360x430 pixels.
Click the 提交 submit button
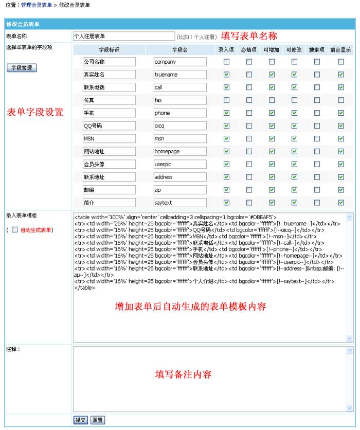(81, 420)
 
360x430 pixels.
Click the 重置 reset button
(98, 420)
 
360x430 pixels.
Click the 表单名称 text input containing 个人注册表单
(124, 37)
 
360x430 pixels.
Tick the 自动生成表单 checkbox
(15, 230)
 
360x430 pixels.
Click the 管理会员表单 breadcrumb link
(37, 5)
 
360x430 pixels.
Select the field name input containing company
(180, 62)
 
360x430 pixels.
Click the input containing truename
(180, 75)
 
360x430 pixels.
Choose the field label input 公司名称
(109, 62)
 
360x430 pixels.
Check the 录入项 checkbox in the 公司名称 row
(226, 62)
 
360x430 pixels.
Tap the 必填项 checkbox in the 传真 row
(249, 100)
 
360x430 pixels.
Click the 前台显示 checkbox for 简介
(340, 203)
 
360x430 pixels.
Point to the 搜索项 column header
(317, 50)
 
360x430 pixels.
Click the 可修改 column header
(294, 50)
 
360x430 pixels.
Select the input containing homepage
(180, 152)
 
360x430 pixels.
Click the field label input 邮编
(109, 190)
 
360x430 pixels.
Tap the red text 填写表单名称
(249, 36)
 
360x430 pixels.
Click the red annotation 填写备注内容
(184, 374)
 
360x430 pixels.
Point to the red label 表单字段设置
(34, 112)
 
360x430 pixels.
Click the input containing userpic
(180, 165)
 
